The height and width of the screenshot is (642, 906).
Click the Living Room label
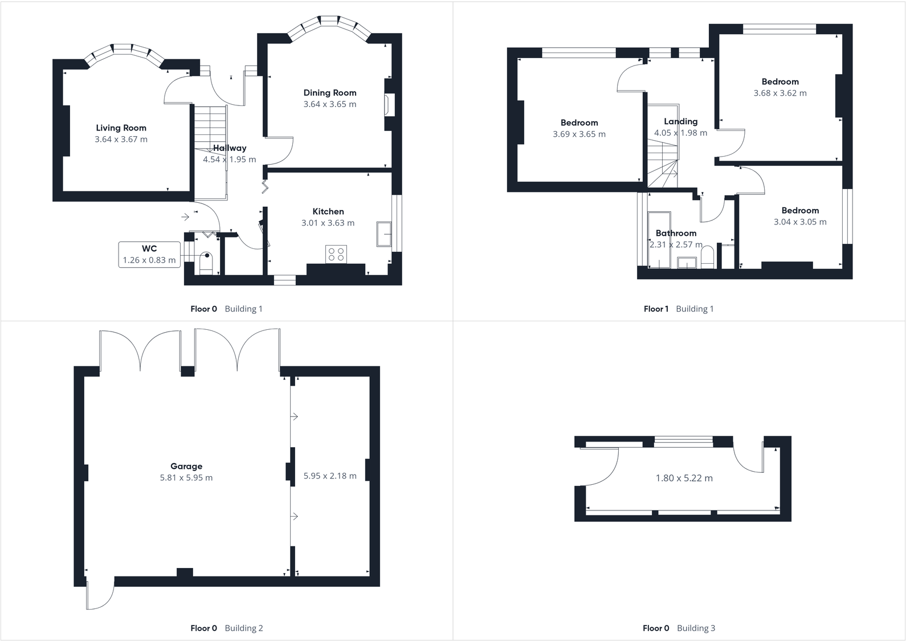(121, 128)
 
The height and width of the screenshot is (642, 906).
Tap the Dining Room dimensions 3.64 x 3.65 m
(329, 104)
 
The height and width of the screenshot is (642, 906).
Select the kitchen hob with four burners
(336, 254)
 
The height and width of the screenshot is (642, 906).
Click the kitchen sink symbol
(384, 234)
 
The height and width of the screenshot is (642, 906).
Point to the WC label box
(149, 254)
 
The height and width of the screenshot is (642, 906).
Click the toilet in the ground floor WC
(206, 264)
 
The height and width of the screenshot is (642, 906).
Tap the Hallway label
(230, 148)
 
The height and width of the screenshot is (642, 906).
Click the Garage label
(186, 467)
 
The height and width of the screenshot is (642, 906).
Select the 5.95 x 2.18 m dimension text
(330, 476)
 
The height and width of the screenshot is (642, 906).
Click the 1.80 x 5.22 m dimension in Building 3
(684, 478)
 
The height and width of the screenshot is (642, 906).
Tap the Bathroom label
(676, 233)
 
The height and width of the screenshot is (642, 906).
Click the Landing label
(680, 121)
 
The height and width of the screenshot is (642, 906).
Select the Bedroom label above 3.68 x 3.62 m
(780, 82)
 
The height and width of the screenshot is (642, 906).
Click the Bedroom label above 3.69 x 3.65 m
(579, 123)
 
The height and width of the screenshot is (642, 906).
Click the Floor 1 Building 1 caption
(678, 309)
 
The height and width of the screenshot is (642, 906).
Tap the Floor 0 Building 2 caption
(226, 628)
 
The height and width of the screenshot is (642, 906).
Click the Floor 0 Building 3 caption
(678, 628)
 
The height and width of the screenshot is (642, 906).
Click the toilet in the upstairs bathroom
(707, 257)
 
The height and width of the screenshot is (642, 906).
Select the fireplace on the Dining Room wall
(389, 104)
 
